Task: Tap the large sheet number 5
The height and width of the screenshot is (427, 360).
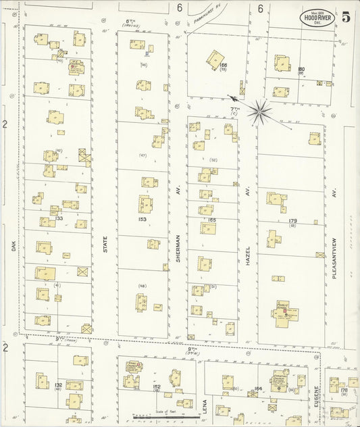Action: point(346,18)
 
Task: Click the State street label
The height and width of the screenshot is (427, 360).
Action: point(105,245)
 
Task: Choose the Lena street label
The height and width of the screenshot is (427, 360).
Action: point(203,406)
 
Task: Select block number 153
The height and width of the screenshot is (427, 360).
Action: point(143,220)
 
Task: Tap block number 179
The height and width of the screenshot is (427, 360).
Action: point(292,221)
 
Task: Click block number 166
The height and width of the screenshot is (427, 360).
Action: point(223,65)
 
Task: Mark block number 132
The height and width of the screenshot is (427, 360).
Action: point(58,384)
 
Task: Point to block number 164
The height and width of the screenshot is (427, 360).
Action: point(258,388)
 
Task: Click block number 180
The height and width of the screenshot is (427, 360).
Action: point(301,69)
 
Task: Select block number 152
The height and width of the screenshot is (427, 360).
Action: point(157,387)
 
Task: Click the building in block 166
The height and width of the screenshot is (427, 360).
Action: point(215,57)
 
